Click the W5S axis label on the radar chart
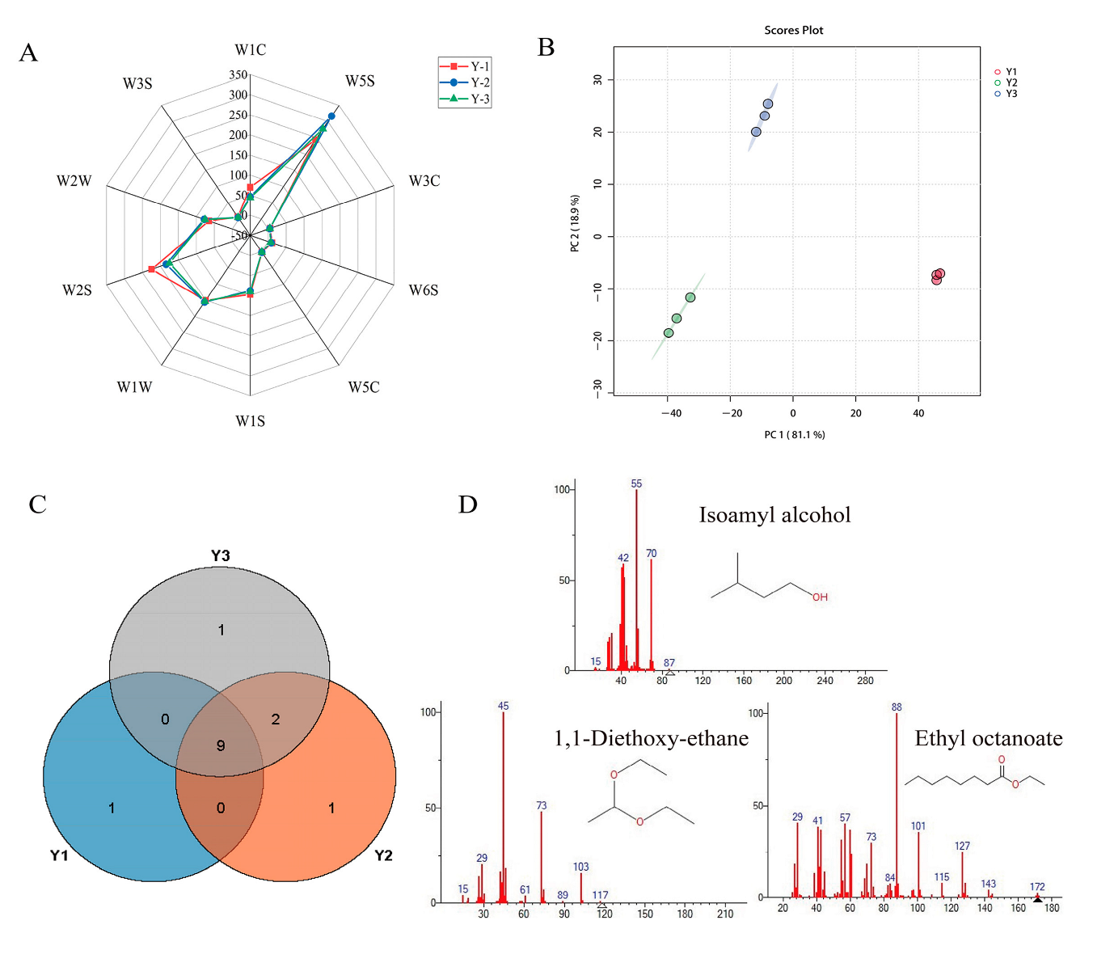[x=360, y=81]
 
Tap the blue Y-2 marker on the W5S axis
[x=331, y=116]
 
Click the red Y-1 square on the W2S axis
[x=151, y=269]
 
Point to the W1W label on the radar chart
[x=134, y=387]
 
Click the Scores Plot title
[x=793, y=31]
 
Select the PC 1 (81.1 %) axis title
[x=795, y=435]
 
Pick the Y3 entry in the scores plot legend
[x=1011, y=94]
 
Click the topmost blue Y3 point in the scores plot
[x=768, y=104]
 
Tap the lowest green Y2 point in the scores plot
[x=669, y=333]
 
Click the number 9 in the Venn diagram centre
[x=221, y=745]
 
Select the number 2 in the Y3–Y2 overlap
[x=276, y=719]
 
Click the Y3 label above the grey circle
[x=221, y=555]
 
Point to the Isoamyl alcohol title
[x=774, y=515]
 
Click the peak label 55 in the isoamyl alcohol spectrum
[x=636, y=483]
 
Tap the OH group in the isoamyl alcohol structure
[x=820, y=597]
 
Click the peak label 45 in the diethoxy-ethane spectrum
[x=503, y=706]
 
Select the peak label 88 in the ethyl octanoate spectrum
[x=897, y=707]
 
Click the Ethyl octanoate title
[x=988, y=738]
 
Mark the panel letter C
[x=37, y=504]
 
